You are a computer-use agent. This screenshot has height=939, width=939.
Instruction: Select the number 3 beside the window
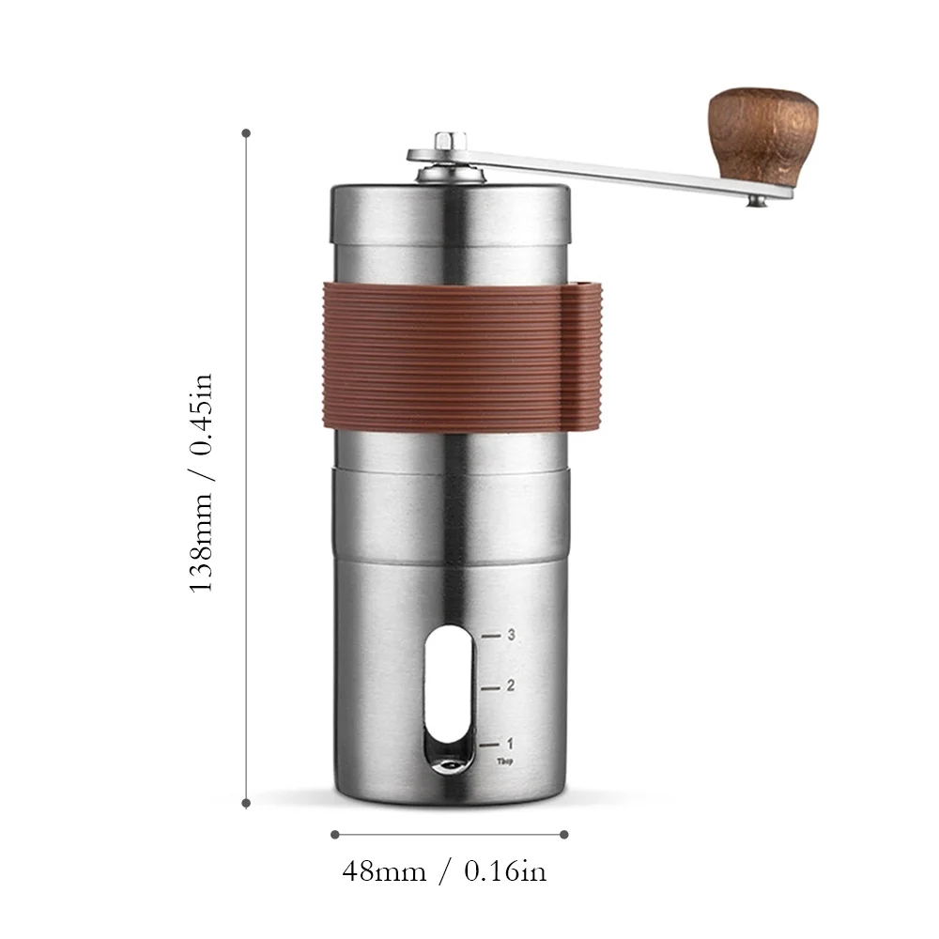tap(511, 635)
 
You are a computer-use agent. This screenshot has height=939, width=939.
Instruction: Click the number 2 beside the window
tap(511, 685)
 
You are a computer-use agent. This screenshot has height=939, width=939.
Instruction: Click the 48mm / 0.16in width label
tap(443, 871)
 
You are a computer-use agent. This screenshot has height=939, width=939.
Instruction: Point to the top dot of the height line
tap(247, 133)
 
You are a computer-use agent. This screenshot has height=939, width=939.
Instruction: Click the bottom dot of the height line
tap(247, 803)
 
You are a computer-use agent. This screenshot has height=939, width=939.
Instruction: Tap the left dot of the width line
tap(334, 833)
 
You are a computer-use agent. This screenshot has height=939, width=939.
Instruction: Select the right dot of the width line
tap(564, 833)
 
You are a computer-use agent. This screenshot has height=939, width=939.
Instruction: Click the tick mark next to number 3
tap(490, 636)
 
